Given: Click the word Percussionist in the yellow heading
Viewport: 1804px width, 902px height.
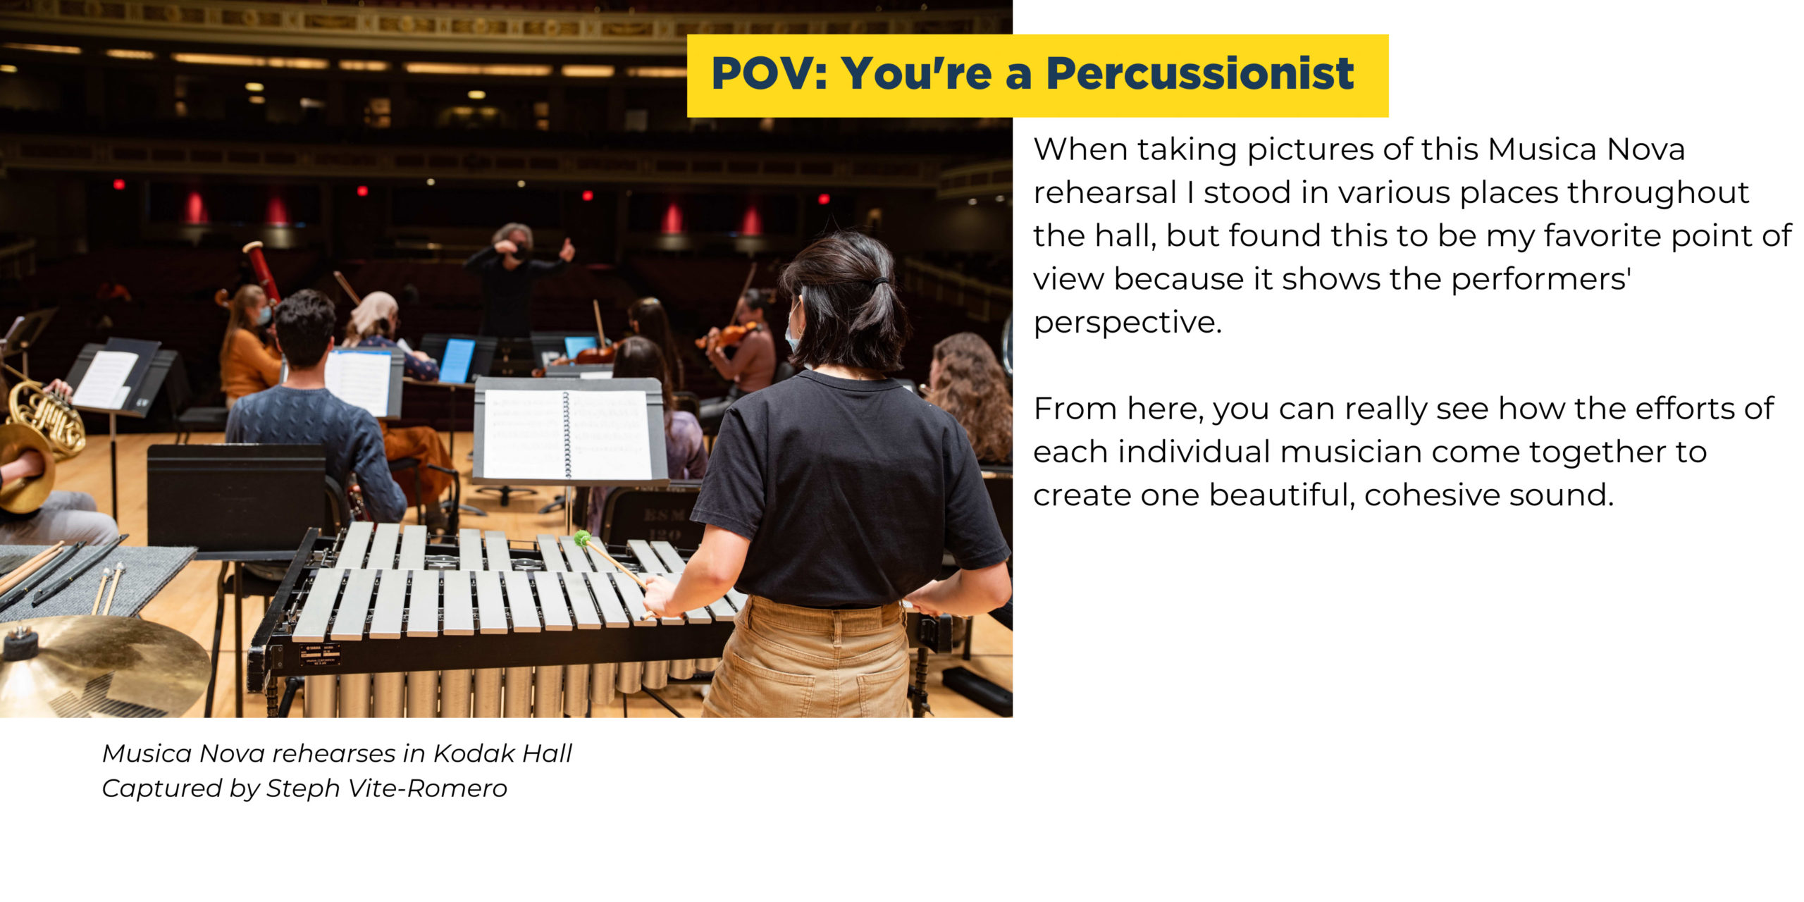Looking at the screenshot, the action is coord(1199,73).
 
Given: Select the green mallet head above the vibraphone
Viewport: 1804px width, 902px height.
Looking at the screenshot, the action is coord(582,539).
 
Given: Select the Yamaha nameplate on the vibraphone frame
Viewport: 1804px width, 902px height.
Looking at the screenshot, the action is coord(320,655).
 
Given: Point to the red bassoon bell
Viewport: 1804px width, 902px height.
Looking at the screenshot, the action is coord(263,271).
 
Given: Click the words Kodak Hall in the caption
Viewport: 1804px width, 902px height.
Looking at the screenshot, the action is coord(502,753).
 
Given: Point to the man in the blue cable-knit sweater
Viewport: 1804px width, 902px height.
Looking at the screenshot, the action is coord(310,416).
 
